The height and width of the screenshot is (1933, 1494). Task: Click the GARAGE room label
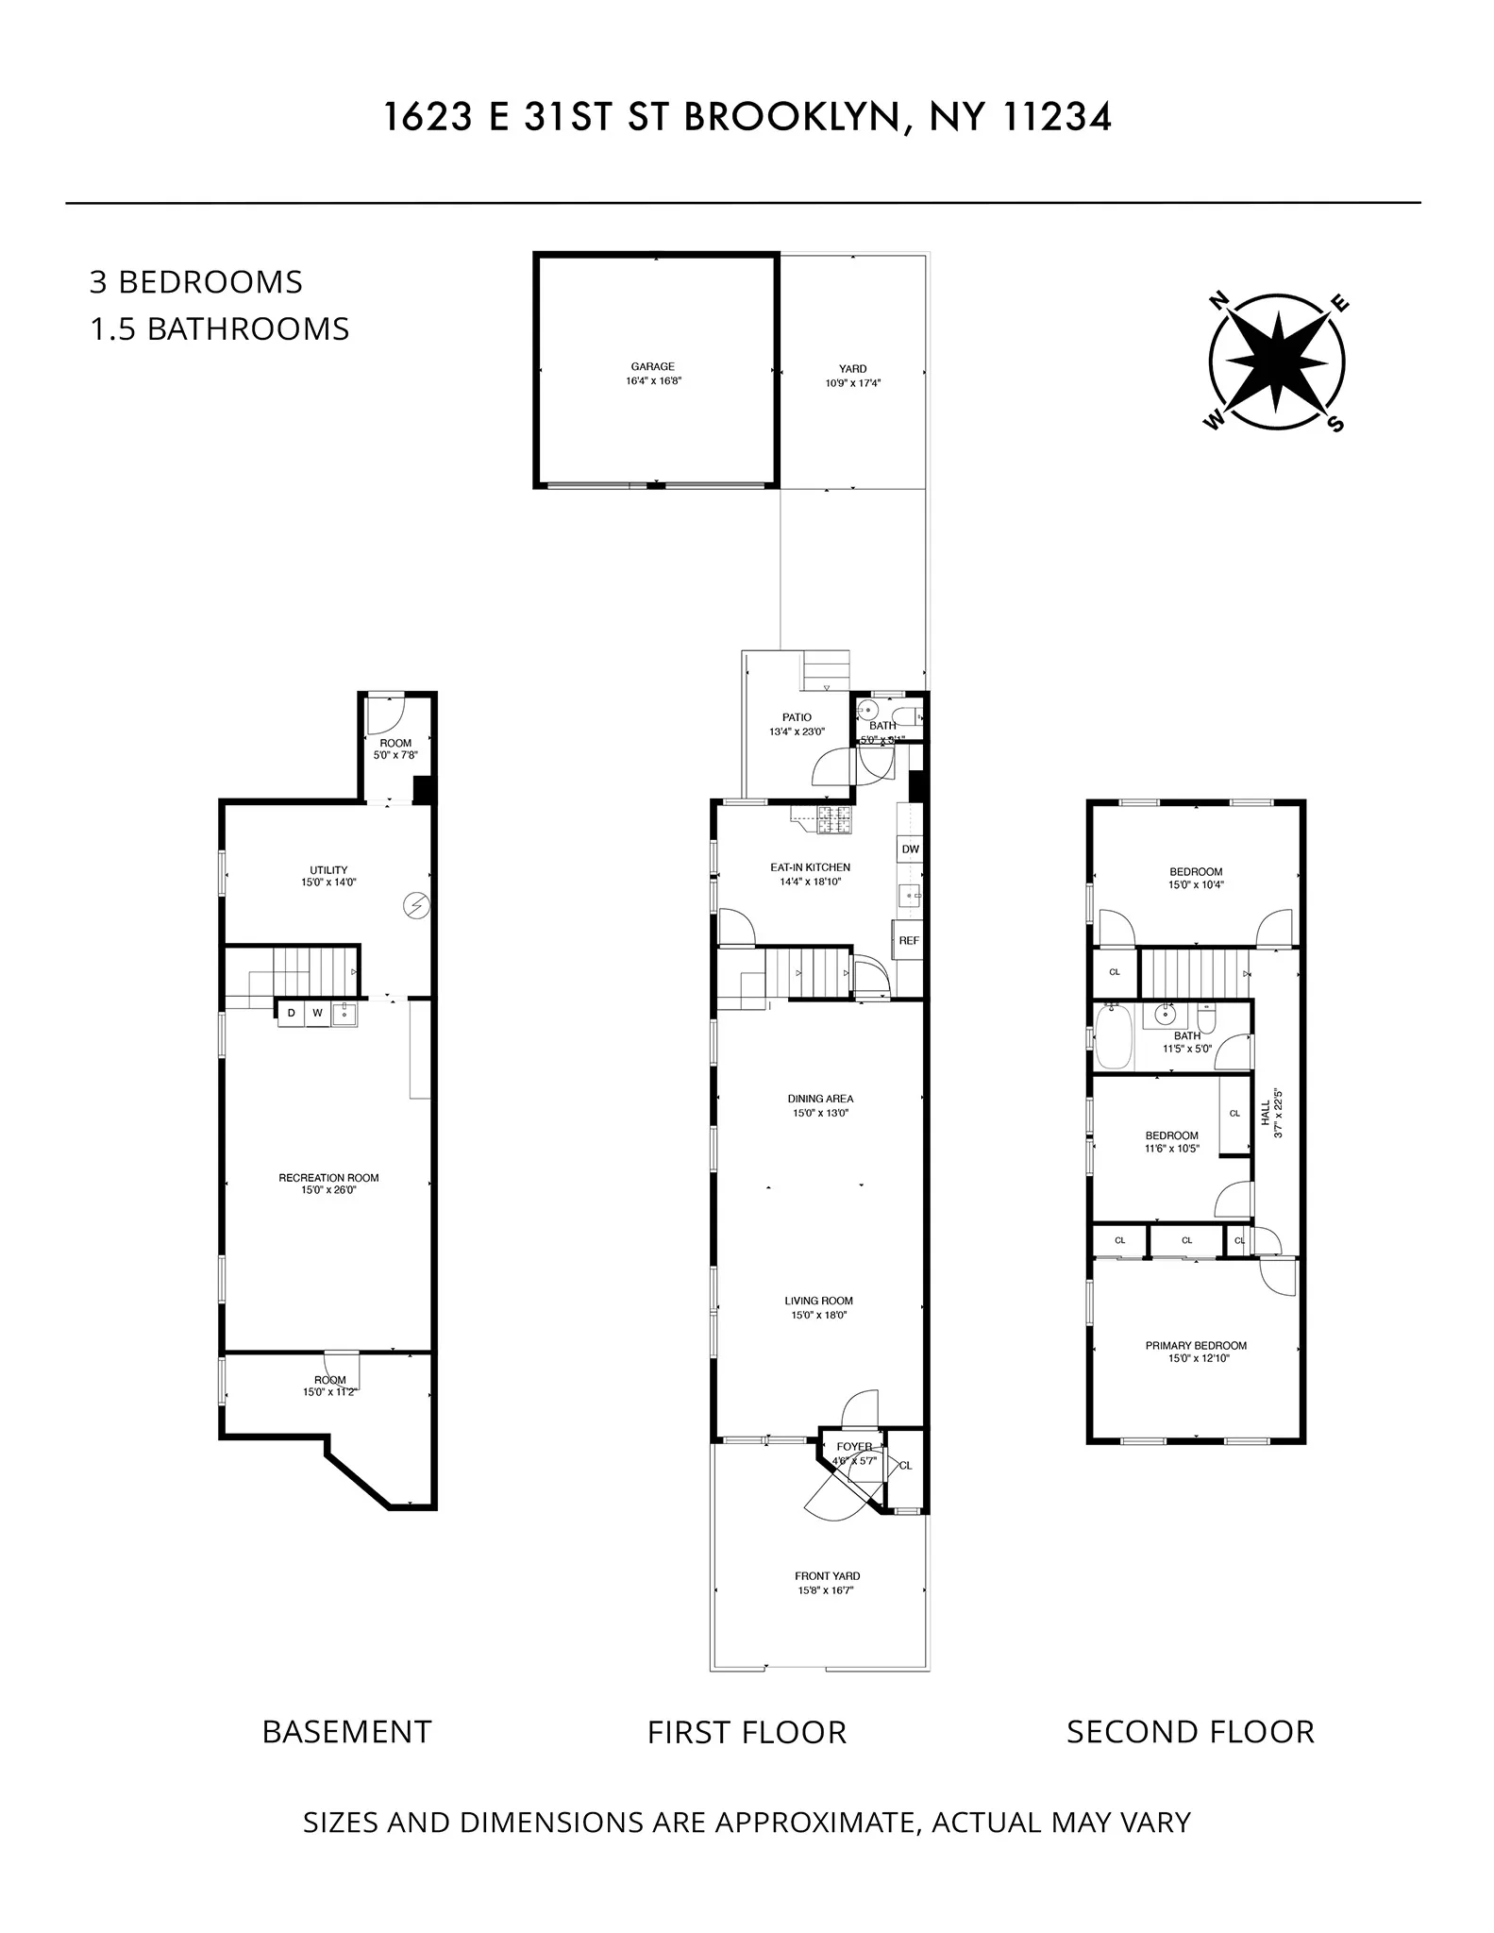tap(652, 366)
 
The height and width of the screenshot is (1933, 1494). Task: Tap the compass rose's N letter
tap(1219, 301)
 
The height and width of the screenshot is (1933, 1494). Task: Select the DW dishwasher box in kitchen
tap(910, 849)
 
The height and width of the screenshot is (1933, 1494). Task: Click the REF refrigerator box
tap(908, 941)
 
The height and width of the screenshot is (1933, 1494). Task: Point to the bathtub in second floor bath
tap(1114, 1037)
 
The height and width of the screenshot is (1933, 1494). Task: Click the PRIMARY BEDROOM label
tap(1196, 1345)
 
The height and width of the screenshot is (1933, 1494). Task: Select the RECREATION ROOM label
tap(328, 1177)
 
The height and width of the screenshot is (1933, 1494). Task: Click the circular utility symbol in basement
tap(416, 905)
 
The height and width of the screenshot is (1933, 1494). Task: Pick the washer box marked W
tap(318, 1014)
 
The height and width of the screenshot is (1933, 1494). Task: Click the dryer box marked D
tap(292, 1014)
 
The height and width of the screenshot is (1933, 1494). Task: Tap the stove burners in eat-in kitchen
tap(834, 821)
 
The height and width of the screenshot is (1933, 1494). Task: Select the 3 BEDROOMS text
tap(196, 282)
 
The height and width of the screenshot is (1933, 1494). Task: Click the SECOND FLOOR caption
tap(1189, 1732)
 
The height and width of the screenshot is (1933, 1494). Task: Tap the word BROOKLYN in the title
tap(790, 118)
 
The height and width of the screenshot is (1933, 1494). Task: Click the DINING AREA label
tap(820, 1098)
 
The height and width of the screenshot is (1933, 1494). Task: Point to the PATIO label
tap(797, 717)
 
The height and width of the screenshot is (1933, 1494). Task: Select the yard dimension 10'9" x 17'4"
tap(852, 383)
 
